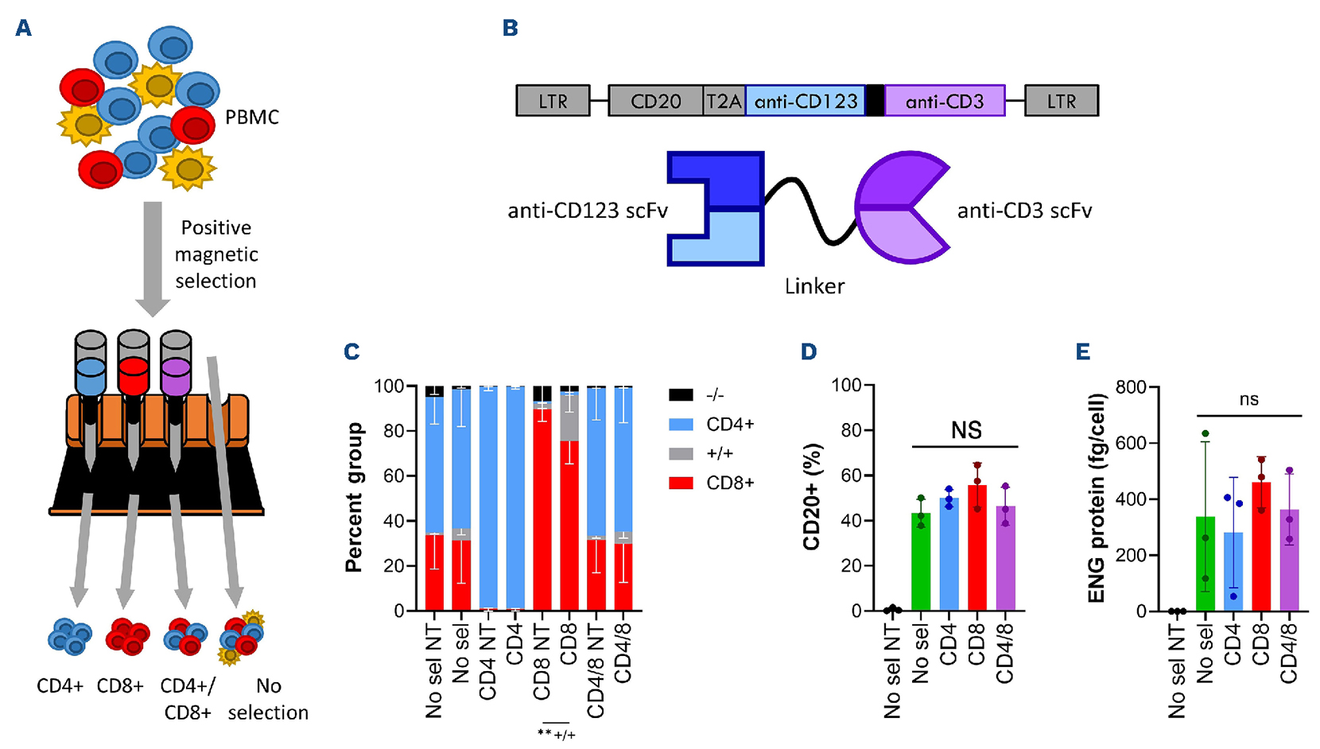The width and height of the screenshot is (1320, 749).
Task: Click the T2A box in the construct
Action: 724,101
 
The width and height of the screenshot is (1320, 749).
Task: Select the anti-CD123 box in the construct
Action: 805,101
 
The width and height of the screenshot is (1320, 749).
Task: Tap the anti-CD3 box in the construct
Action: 944,101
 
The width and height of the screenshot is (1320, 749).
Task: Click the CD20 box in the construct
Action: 655,101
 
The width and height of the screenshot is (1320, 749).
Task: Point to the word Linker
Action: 814,286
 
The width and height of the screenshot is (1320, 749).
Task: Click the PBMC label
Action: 252,118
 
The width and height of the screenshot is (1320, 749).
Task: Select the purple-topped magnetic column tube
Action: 175,366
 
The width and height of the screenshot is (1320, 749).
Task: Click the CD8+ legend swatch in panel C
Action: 681,483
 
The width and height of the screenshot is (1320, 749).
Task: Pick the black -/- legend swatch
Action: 681,394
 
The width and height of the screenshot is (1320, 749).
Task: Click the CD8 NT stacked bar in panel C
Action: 542,501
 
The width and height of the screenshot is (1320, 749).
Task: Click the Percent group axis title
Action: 353,497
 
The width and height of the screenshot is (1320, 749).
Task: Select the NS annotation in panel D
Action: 966,430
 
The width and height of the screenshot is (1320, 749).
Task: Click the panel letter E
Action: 1082,351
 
